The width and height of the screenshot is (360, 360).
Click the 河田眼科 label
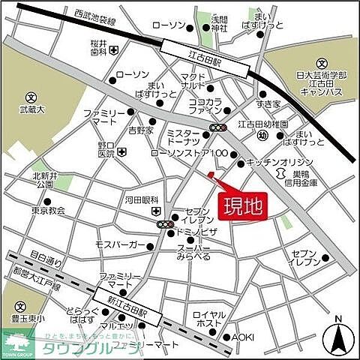(x=141, y=201)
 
